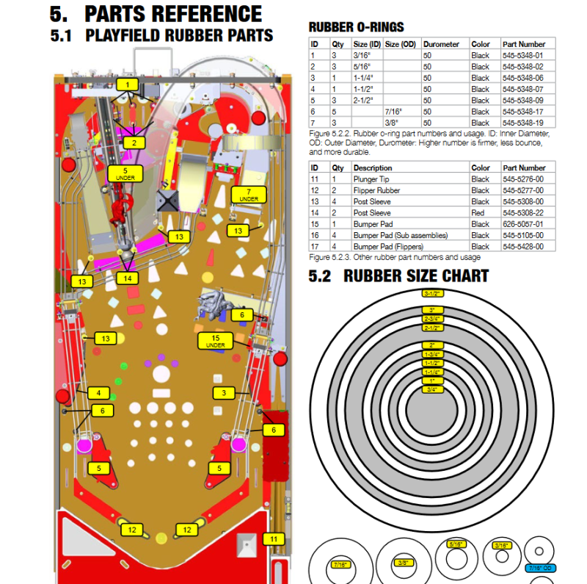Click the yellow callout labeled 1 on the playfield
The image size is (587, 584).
[127, 84]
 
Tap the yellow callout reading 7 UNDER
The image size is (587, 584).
[249, 195]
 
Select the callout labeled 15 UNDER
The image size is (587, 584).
[215, 341]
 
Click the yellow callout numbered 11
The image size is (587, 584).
[274, 539]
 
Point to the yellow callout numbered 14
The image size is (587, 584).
[127, 278]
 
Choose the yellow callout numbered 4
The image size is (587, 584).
[98, 393]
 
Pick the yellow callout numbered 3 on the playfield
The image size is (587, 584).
[224, 393]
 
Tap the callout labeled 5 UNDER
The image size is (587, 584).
[125, 173]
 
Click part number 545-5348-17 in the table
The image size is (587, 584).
[522, 112]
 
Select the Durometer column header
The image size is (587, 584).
[441, 44]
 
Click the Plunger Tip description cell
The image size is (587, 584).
[371, 179]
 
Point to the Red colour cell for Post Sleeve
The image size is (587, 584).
[478, 212]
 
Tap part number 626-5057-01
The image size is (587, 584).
[523, 224]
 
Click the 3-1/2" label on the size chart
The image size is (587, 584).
[432, 293]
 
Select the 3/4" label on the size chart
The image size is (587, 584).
[432, 389]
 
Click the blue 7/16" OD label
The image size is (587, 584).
[540, 569]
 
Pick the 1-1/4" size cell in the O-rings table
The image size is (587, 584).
[362, 78]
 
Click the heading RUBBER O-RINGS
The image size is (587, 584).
[356, 27]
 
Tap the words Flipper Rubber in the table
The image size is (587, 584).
[376, 190]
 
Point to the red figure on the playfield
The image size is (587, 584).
[121, 208]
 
